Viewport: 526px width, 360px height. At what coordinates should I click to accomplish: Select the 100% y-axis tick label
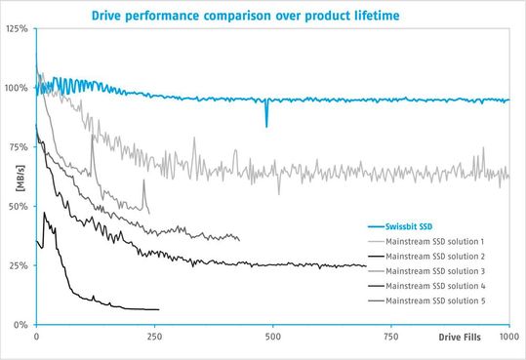click(x=16, y=88)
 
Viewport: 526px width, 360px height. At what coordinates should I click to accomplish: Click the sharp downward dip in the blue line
click(x=266, y=122)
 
